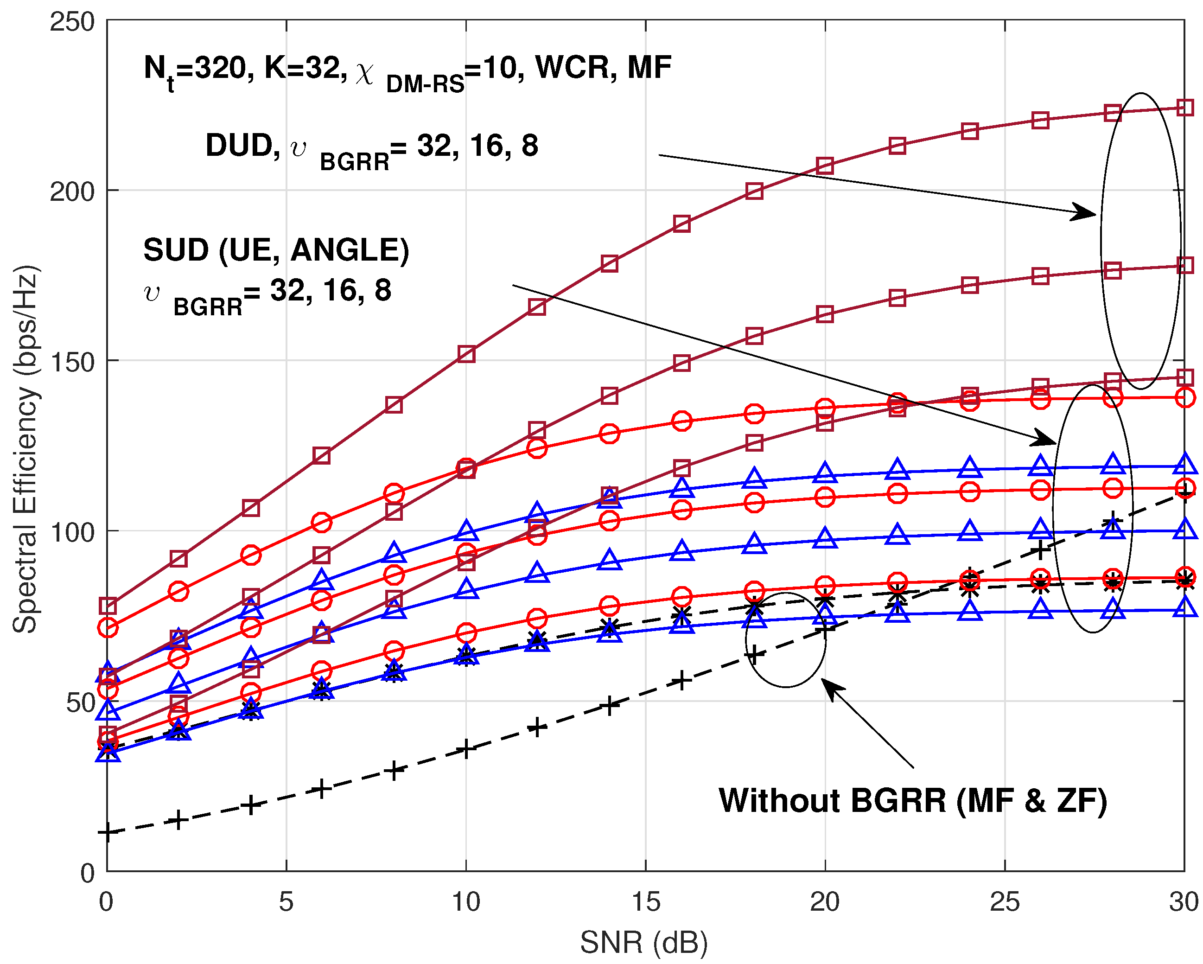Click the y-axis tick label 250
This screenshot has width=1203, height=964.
click(x=72, y=22)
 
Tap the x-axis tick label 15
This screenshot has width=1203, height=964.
click(x=646, y=901)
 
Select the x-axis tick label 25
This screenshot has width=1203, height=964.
click(x=1005, y=901)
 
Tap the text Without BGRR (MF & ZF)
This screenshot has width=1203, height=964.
click(x=912, y=800)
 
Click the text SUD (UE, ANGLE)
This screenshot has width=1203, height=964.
click(x=276, y=249)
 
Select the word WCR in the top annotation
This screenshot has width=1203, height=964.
click(x=575, y=68)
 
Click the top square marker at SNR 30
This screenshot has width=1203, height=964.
click(x=1184, y=108)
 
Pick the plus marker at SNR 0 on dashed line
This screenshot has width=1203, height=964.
click(x=107, y=833)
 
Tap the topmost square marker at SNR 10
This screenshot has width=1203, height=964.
click(x=466, y=354)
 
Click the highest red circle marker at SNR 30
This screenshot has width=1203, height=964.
click(x=1184, y=397)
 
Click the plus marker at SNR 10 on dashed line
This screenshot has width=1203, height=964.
click(x=466, y=749)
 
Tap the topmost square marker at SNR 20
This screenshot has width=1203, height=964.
click(x=825, y=166)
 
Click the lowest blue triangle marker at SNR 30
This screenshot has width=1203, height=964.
click(x=1184, y=607)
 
